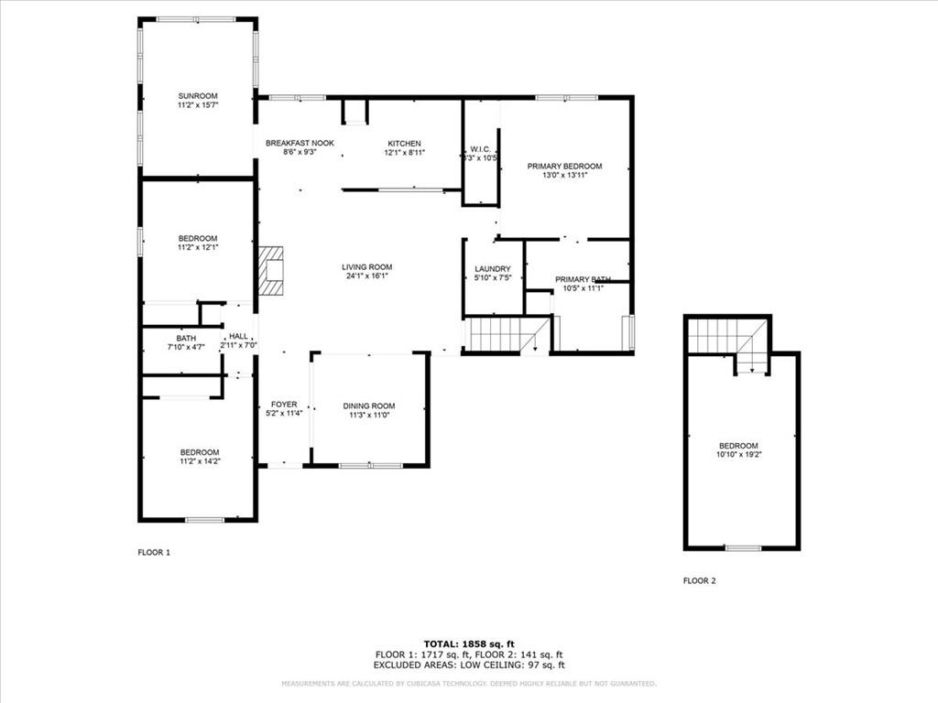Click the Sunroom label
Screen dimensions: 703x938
pos(198,96)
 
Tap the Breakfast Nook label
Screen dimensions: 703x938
pos(300,144)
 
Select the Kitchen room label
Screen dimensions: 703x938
pos(404,144)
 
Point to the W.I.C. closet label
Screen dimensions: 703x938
pos(481,149)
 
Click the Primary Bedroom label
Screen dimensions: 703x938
pos(564,166)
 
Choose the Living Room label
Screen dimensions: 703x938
pos(368,267)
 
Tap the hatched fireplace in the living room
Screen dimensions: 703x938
pos(272,270)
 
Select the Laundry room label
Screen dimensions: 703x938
pos(492,269)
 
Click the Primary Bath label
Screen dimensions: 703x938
pos(583,279)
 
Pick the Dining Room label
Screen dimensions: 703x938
pos(369,406)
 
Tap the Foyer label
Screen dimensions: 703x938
pos(284,404)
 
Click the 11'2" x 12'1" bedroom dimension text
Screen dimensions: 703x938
pos(198,247)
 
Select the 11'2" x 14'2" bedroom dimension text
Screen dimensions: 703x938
pos(200,461)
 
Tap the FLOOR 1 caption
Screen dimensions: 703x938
pos(154,552)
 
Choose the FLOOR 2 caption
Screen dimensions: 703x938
pos(700,580)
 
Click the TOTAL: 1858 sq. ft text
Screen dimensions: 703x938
pos(468,644)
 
